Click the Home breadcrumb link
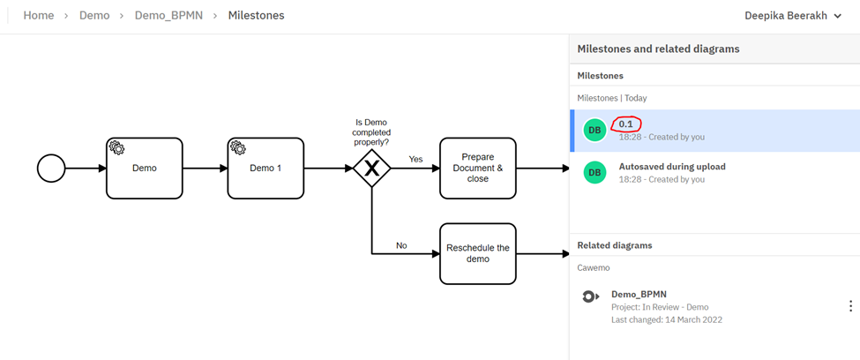coord(39,16)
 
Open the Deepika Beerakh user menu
coord(792,16)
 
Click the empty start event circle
coord(51,168)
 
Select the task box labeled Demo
coord(144,168)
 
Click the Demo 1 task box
coord(266,168)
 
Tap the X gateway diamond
coord(371,168)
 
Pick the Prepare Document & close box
coord(477,168)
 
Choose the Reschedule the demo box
coord(477,253)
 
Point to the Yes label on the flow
coord(415,159)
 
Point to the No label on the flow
coord(401,245)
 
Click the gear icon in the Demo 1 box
coord(237,147)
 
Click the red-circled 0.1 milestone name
coord(625,124)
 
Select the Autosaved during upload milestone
coord(673,167)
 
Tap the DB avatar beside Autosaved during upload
coord(595,172)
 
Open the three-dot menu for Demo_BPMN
coord(850,306)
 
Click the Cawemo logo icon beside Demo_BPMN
coord(591,296)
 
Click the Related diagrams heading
coord(614,244)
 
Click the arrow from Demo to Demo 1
coord(205,168)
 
